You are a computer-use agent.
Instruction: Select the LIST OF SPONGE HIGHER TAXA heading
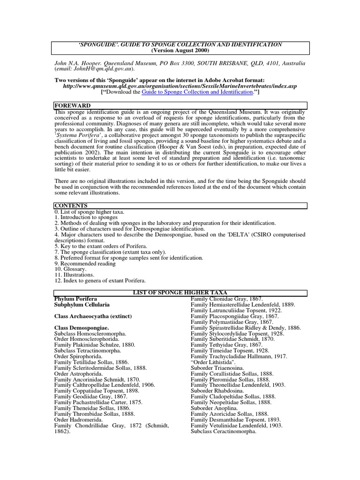[180, 292]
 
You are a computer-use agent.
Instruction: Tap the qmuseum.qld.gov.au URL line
[180, 86]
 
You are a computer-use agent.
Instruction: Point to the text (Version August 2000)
[180, 51]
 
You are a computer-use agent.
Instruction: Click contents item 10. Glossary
[71, 269]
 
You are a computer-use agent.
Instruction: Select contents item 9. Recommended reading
[86, 263]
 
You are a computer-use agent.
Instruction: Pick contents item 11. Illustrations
[75, 275]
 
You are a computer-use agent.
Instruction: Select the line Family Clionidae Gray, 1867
[227, 299]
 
